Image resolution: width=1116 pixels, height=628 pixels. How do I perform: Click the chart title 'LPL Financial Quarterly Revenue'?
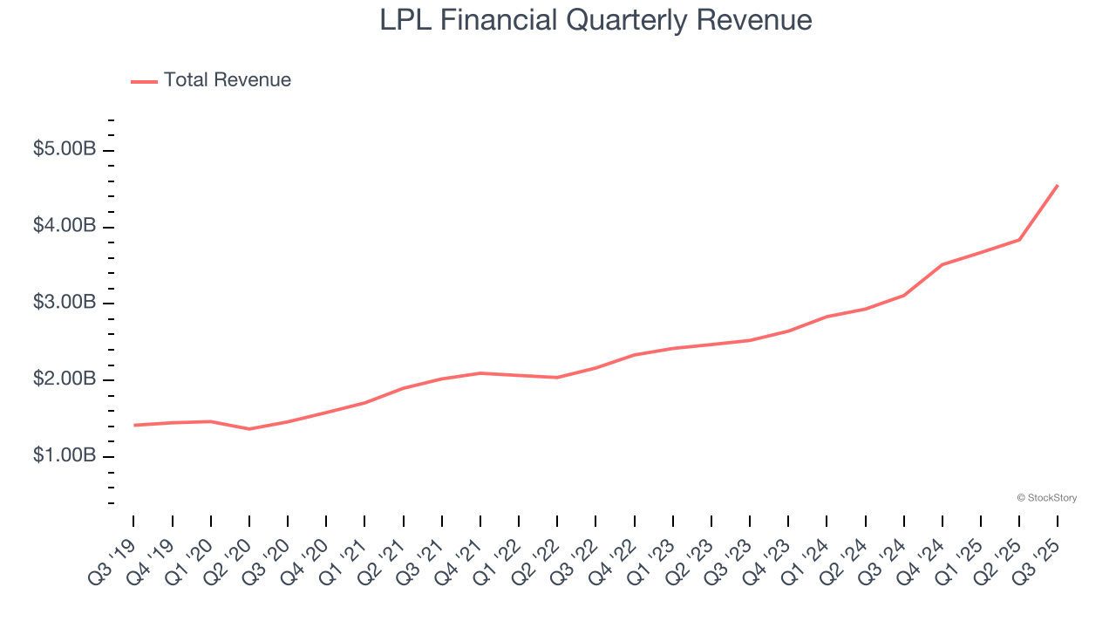[595, 20]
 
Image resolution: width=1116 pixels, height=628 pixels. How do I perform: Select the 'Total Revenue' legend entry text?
[227, 80]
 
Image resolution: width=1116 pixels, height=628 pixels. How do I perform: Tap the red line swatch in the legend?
[144, 81]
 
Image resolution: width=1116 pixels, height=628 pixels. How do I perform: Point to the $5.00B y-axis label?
[65, 150]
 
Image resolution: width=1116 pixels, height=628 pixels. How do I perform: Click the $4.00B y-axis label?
[65, 227]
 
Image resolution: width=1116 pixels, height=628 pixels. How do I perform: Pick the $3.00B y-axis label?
[65, 304]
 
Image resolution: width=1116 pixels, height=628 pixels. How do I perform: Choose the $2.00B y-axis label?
[65, 380]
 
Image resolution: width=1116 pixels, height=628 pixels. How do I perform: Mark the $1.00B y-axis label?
[65, 457]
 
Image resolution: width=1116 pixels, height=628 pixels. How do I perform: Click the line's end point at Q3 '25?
[1058, 185]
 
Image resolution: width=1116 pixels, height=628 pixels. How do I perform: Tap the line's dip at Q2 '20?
[249, 429]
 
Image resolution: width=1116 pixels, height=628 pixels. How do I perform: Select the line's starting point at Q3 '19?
[134, 425]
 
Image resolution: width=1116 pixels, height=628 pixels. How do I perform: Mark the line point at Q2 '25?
[1019, 240]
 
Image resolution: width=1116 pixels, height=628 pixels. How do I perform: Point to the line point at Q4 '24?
[942, 264]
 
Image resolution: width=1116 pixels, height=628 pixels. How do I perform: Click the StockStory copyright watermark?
[1046, 498]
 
